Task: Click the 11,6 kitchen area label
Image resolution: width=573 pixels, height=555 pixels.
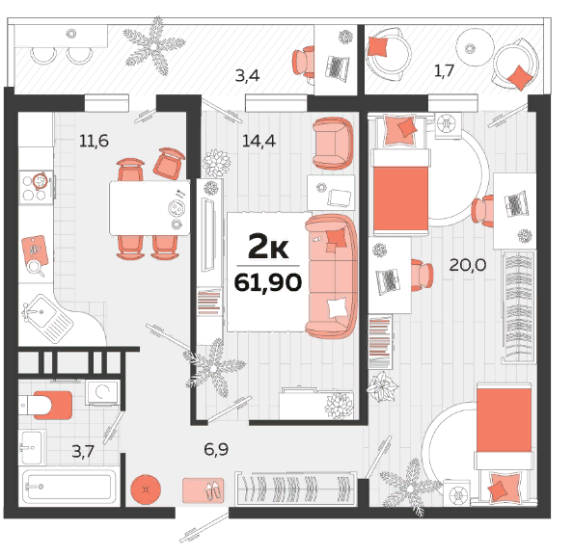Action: click(x=94, y=141)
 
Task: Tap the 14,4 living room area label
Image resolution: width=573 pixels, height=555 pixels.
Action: click(x=259, y=141)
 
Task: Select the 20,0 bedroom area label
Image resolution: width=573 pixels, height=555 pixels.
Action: click(x=468, y=265)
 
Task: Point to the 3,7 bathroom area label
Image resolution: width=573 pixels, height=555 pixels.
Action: click(x=83, y=451)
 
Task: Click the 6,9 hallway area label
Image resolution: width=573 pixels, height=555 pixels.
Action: click(x=216, y=449)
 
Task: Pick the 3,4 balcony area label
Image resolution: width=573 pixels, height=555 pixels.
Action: click(x=247, y=75)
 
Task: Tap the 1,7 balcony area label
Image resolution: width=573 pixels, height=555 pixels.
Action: click(x=444, y=70)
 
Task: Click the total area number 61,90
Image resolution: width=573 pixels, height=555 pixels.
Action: click(x=268, y=282)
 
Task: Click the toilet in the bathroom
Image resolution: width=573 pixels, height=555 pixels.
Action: click(x=45, y=405)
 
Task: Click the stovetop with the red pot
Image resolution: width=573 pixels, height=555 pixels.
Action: click(x=37, y=187)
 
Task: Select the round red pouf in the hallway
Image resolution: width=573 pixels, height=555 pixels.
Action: click(x=146, y=489)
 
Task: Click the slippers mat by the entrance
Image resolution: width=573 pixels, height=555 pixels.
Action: click(x=204, y=490)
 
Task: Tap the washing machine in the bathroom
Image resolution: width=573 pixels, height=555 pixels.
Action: click(x=102, y=392)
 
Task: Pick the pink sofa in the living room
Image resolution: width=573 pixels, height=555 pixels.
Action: click(x=331, y=276)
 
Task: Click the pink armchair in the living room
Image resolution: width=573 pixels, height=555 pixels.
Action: click(x=333, y=144)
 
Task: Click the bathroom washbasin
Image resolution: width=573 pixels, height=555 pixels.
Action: click(x=32, y=447)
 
